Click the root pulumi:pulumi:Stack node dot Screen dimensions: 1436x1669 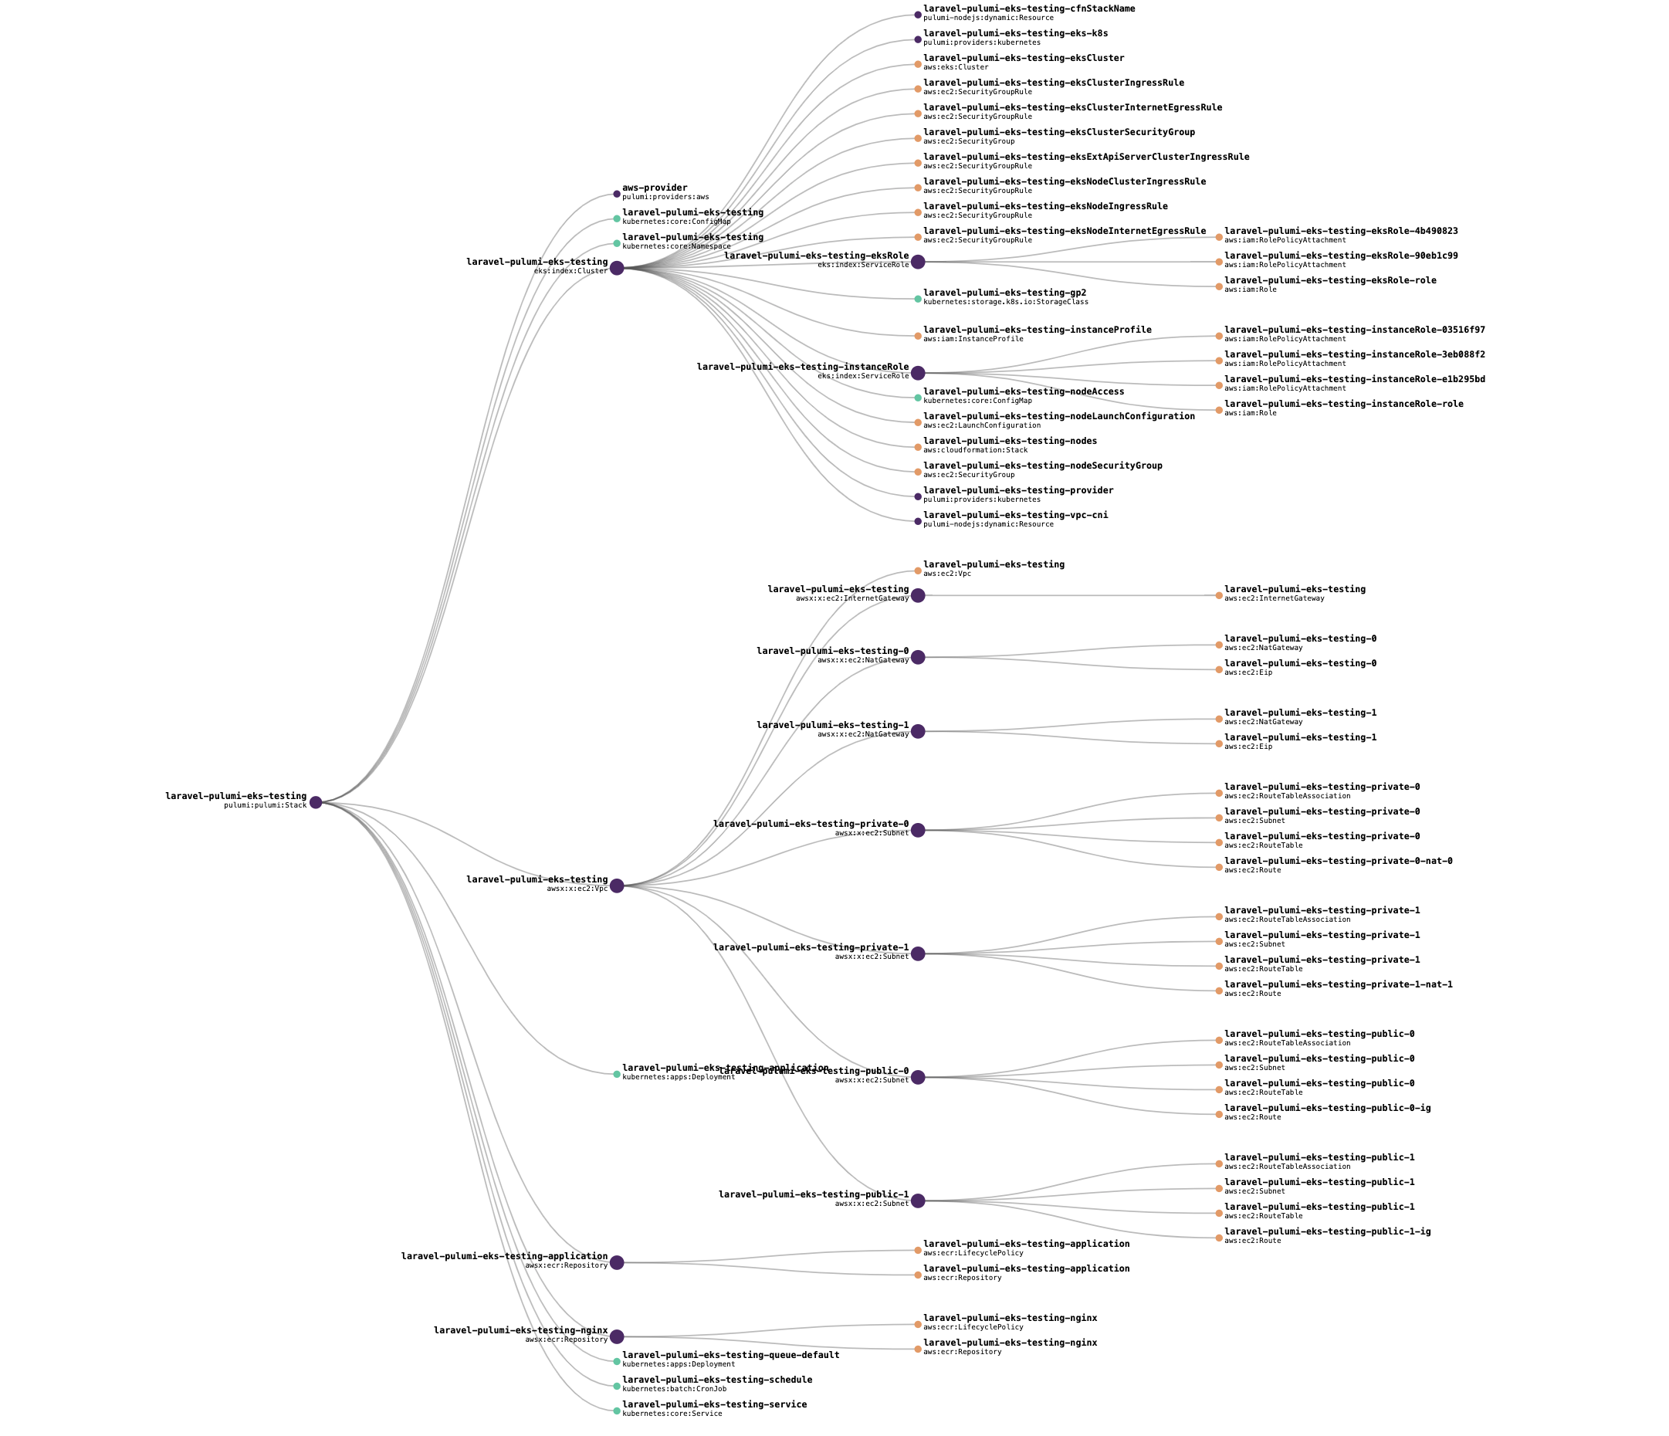coord(316,802)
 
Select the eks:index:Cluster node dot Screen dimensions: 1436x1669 coord(617,268)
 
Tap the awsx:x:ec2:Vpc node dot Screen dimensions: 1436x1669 coord(617,886)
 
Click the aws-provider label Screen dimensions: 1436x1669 coord(654,188)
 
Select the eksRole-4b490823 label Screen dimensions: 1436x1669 coord(1340,231)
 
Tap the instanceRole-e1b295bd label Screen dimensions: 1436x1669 coord(1354,378)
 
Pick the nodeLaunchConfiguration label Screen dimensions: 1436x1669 coord(1058,416)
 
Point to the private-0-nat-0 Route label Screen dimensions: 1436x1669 coord(1338,861)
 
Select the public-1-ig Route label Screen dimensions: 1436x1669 coord(1327,1231)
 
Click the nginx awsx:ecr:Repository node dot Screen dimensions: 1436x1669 coord(617,1337)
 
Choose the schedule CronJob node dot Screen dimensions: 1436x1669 coord(617,1386)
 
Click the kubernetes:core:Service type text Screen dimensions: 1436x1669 coord(672,1414)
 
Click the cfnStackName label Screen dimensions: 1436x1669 coord(1028,8)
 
